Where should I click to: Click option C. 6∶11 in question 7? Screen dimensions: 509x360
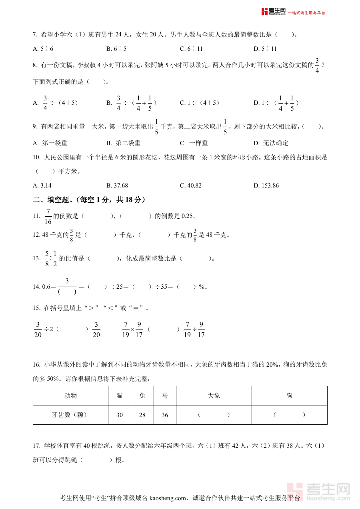click(x=192, y=49)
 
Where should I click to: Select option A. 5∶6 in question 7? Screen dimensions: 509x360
click(x=43, y=49)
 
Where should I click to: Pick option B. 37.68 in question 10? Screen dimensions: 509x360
click(x=117, y=186)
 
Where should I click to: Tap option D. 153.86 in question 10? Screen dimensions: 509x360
click(x=266, y=186)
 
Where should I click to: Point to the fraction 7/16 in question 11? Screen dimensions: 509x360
click(x=48, y=216)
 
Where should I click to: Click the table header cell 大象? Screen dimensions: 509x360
click(x=214, y=395)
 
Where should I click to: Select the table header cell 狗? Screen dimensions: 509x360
click(x=290, y=395)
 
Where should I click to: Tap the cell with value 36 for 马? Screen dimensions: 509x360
click(x=165, y=415)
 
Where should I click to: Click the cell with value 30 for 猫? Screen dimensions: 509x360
click(x=120, y=415)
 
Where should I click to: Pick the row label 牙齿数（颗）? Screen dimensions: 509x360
click(x=70, y=415)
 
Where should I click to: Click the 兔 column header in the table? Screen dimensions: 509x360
click(x=142, y=395)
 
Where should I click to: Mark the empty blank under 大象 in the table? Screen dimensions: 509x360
click(x=214, y=415)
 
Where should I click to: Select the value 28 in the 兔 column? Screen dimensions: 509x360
click(x=142, y=415)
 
